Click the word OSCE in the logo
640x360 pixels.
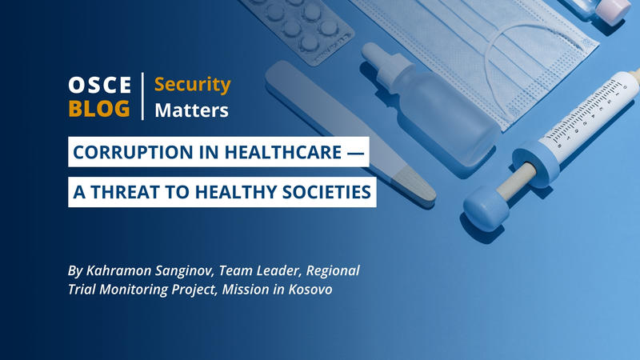(x=99, y=86)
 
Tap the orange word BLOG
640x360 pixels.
(x=99, y=109)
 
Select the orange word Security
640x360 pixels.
(x=192, y=84)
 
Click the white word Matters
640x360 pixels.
(x=191, y=110)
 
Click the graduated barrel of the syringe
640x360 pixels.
(x=592, y=120)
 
